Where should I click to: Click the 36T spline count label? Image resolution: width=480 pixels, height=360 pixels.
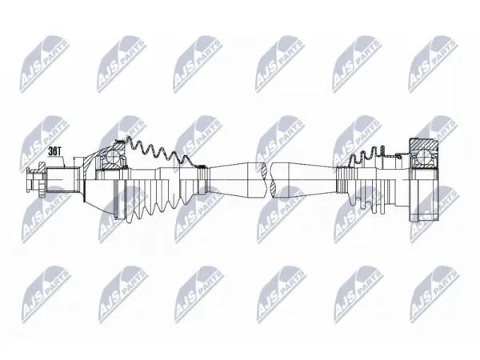point(54,151)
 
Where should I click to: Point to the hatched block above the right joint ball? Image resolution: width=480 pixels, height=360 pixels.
point(422,145)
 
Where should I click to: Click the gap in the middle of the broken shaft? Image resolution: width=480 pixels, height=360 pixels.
point(269,180)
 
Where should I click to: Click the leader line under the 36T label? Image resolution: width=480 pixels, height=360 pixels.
point(64,162)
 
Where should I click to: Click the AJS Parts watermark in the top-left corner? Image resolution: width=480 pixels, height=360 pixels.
point(45,64)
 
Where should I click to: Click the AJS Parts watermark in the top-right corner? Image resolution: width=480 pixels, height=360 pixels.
point(433,64)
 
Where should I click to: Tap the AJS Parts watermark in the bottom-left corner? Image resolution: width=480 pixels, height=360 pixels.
point(46,294)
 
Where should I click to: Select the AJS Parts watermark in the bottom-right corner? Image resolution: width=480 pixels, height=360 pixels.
point(434,294)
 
